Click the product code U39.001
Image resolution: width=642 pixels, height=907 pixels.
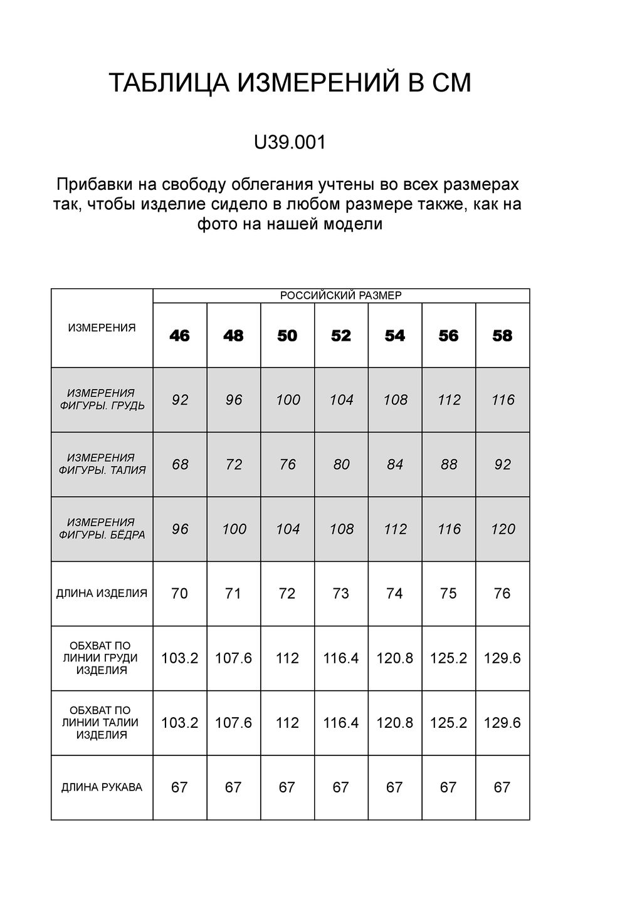click(290, 143)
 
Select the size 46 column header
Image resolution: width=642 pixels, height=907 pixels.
click(179, 336)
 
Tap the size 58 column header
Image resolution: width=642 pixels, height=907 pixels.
click(502, 336)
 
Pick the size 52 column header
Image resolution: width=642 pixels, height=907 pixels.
click(341, 336)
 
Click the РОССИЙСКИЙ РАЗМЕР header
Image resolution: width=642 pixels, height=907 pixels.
click(341, 296)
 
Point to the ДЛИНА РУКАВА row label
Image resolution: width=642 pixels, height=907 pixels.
click(102, 787)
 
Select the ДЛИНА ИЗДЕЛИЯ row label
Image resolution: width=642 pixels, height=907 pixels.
click(102, 593)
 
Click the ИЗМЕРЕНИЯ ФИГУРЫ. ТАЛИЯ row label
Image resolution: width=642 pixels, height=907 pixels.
click(102, 464)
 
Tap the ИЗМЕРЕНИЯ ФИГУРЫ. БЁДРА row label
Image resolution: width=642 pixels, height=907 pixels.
click(102, 529)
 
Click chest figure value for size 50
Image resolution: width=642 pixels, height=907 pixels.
click(288, 400)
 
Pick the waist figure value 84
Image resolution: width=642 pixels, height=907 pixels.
click(395, 465)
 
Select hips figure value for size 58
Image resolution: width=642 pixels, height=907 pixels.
click(503, 529)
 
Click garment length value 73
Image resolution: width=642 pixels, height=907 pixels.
click(341, 593)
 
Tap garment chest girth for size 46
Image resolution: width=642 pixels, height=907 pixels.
click(180, 658)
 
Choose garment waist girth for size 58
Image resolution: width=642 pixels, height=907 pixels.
click(502, 723)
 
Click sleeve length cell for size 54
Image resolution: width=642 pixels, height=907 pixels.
click(394, 787)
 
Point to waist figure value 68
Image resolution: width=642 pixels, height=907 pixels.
click(180, 465)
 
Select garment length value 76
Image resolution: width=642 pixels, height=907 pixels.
click(502, 593)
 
